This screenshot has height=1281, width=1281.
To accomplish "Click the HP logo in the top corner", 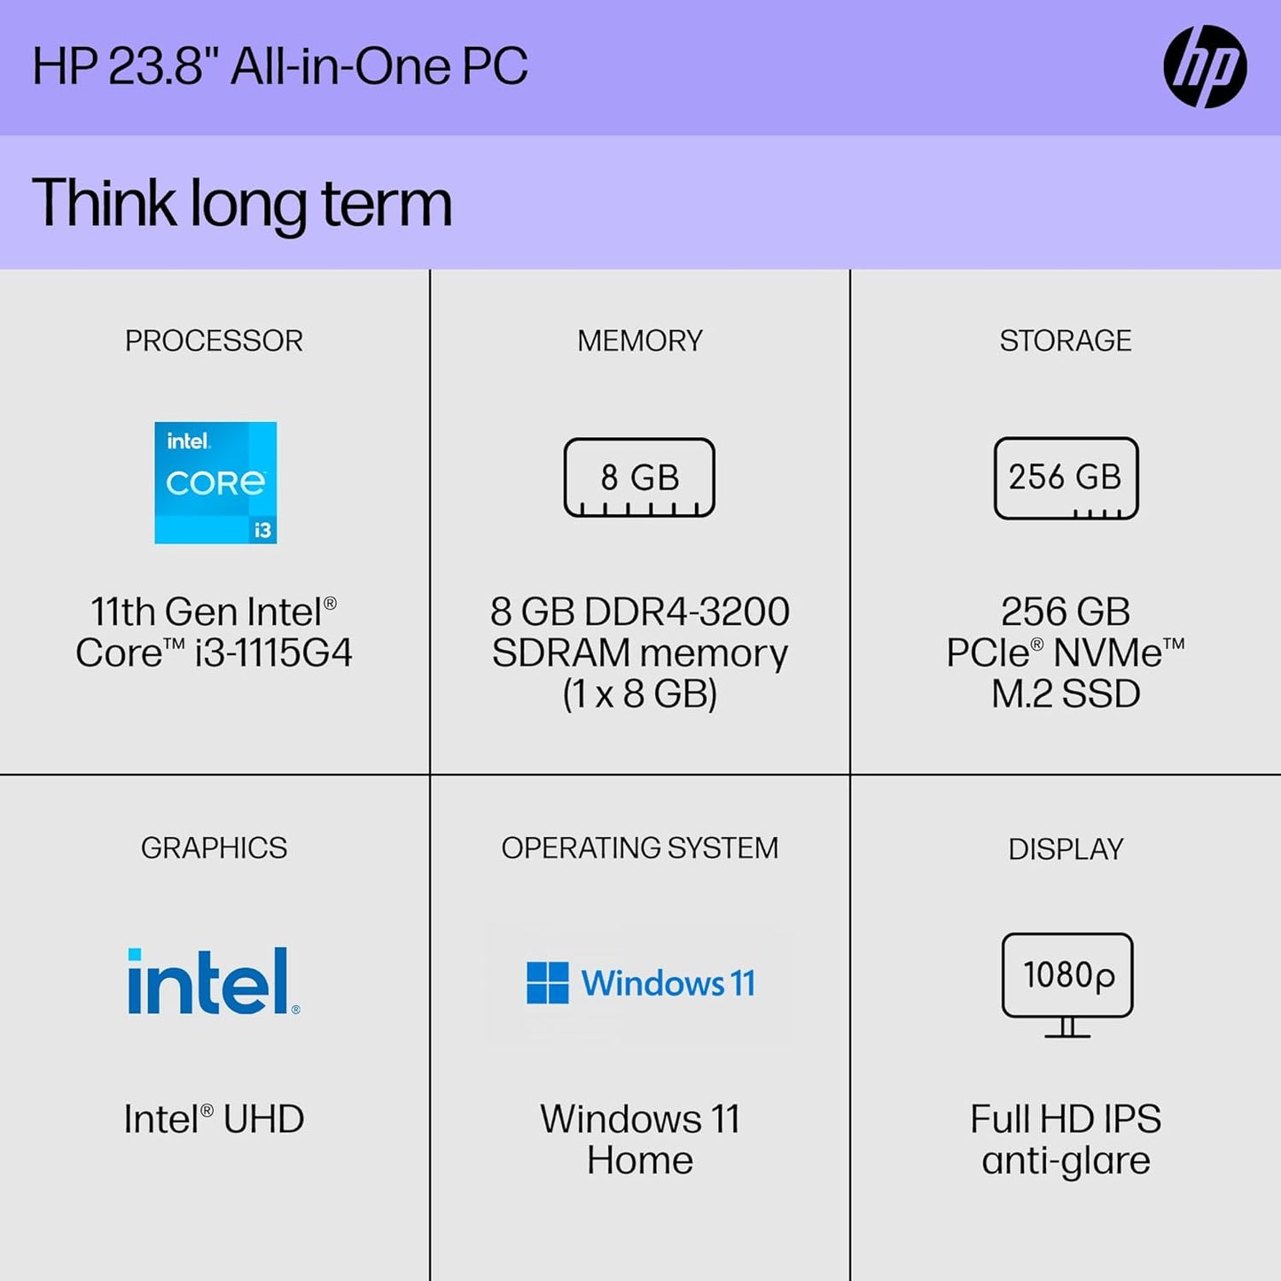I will (x=1205, y=66).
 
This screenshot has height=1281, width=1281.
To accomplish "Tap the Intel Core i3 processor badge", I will (x=215, y=482).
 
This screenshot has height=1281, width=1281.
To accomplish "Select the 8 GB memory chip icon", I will (x=639, y=478).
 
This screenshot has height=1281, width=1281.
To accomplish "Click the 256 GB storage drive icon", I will (x=1066, y=478).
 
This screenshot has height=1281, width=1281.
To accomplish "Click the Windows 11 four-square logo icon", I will (x=547, y=982).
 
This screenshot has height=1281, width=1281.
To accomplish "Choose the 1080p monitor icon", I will (x=1067, y=983).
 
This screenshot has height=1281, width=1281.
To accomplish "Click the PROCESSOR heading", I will (x=214, y=340).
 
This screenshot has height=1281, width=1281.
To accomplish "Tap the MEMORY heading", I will (x=639, y=340).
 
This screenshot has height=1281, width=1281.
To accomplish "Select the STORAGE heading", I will (x=1066, y=340).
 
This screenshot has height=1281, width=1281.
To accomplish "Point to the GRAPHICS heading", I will (x=214, y=847).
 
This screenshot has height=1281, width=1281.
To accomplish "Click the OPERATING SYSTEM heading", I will (x=639, y=847).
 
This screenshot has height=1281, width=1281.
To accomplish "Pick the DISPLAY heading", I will (x=1066, y=849).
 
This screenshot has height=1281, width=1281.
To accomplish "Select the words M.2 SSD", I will (x=1066, y=694).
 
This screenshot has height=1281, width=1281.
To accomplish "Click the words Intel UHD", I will (x=214, y=1119).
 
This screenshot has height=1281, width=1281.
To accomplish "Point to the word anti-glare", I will (x=1066, y=1160).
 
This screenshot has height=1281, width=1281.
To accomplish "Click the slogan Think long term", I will (x=241, y=203).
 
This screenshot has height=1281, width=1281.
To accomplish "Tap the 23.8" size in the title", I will (x=164, y=66).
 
